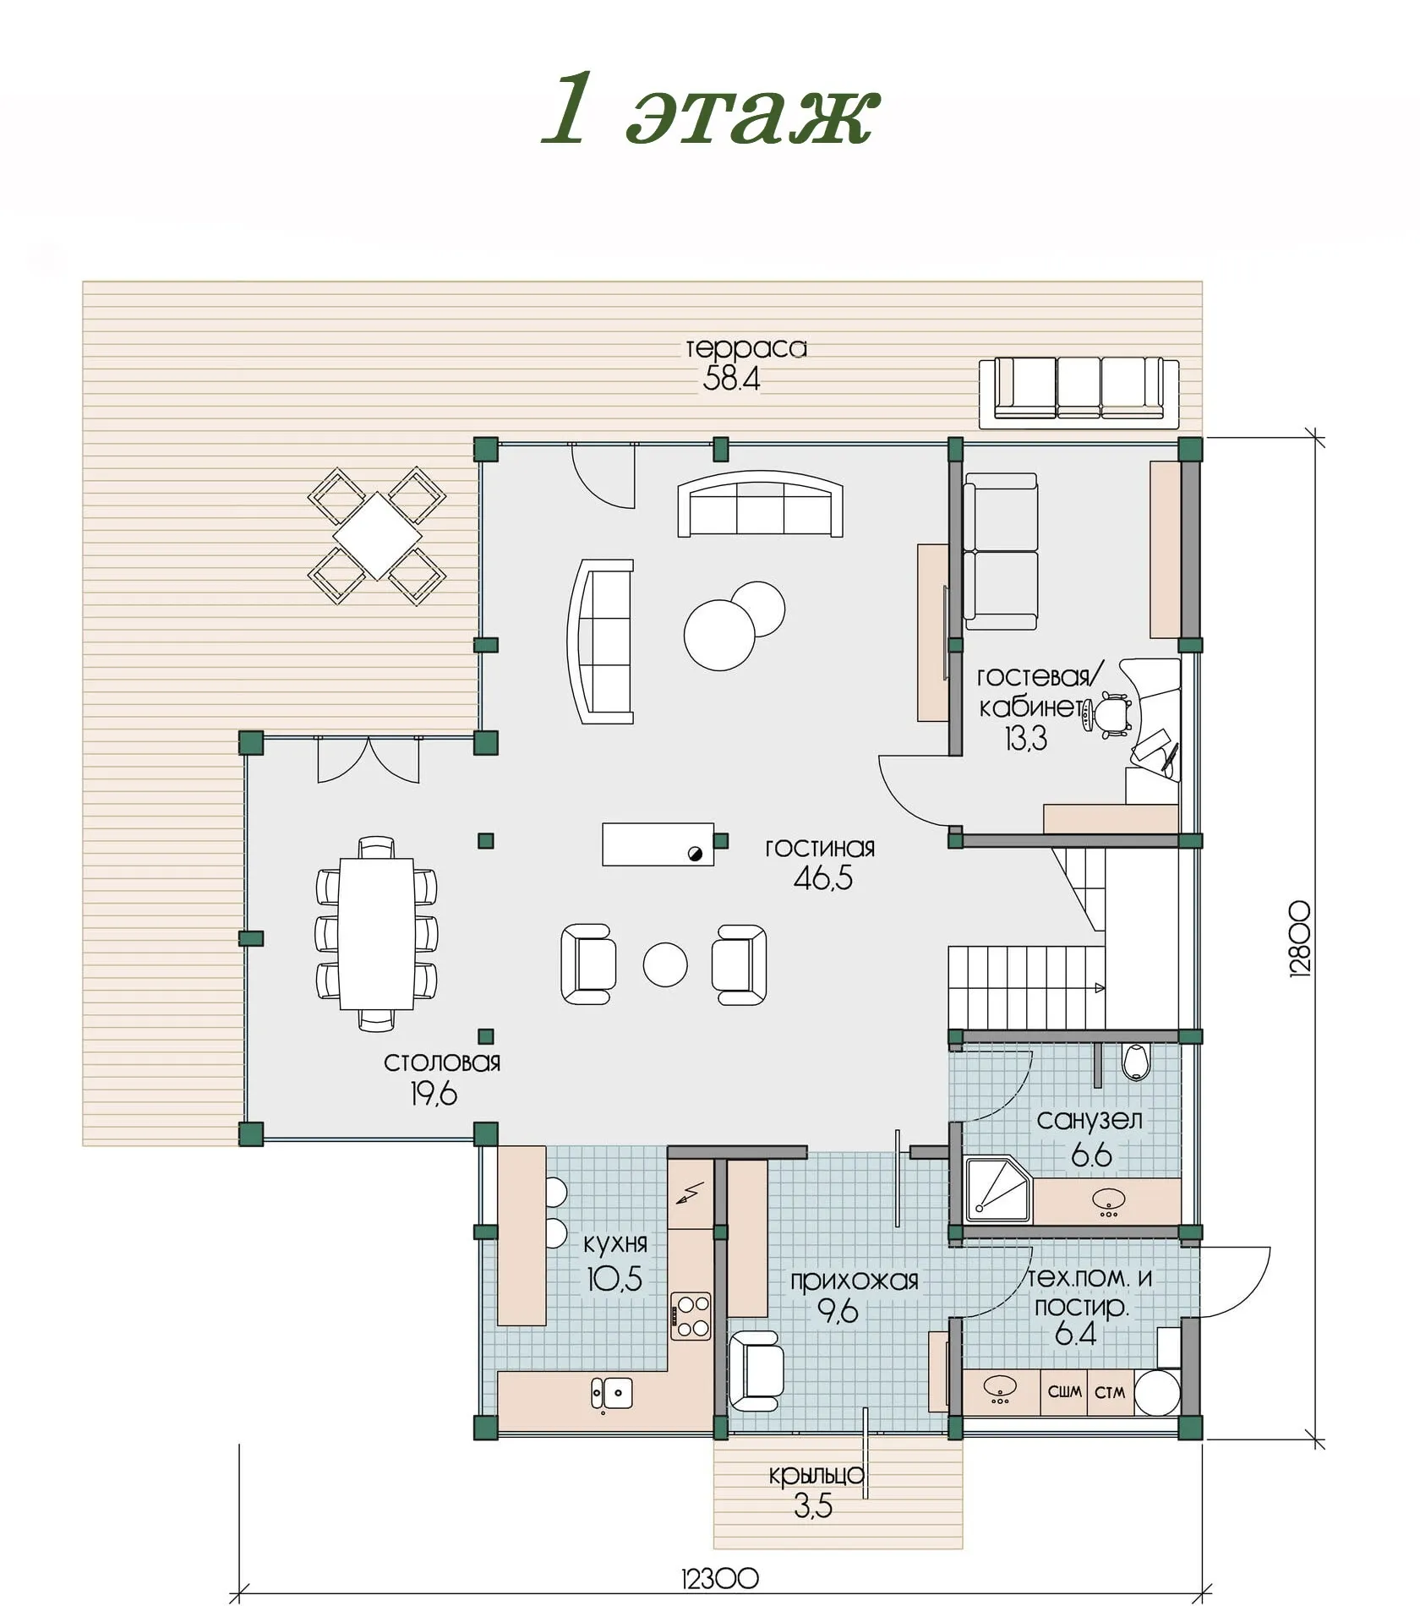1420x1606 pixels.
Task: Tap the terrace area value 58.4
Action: coord(731,379)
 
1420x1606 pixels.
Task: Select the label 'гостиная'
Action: coord(820,848)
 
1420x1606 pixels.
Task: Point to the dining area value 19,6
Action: coord(434,1095)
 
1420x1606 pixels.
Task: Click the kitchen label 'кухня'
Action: coord(615,1243)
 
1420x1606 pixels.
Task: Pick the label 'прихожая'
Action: coord(854,1281)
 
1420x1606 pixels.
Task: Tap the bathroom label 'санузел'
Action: coord(1090,1121)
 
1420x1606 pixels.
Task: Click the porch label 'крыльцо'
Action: coord(816,1475)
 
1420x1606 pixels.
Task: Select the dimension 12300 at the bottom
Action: coord(719,1577)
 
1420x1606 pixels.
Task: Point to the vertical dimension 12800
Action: coord(1301,939)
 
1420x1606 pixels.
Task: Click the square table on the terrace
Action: coord(377,536)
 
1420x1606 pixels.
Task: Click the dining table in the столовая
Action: coord(377,933)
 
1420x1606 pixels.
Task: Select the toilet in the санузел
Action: coord(1136,1062)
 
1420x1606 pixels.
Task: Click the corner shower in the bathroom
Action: coord(998,1189)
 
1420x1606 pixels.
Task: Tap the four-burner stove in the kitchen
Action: coord(691,1316)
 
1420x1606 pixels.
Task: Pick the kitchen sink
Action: coord(612,1392)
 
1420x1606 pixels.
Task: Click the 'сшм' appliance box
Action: coord(1064,1391)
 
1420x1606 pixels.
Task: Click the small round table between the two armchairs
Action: coord(665,964)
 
